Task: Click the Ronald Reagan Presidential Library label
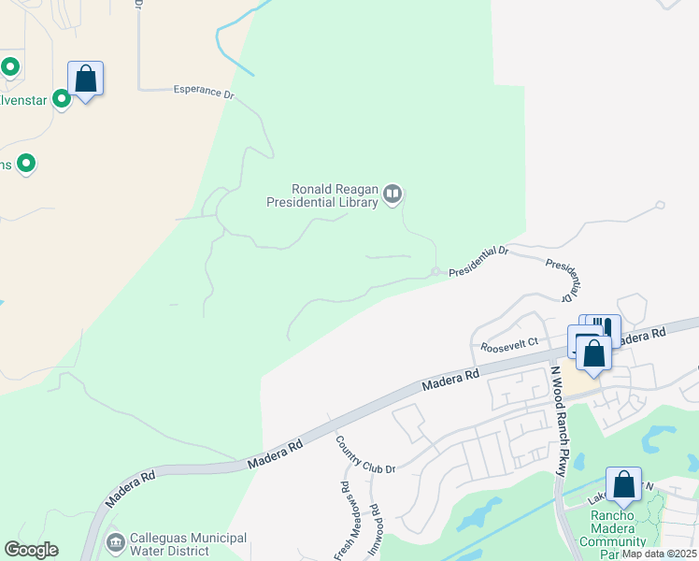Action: pos(322,194)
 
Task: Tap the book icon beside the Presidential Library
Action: pos(392,194)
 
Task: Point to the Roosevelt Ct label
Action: pos(509,345)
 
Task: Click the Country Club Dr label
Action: pos(366,454)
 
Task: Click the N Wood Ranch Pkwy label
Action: pos(557,421)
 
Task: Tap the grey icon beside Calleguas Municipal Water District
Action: pos(115,541)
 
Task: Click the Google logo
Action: pos(31,550)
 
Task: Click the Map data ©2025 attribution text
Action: pos(659,554)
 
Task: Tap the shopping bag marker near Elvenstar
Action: pos(85,79)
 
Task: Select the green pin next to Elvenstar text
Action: pos(62,98)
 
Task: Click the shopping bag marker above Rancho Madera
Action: pos(623,484)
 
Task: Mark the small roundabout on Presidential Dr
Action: pos(435,272)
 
